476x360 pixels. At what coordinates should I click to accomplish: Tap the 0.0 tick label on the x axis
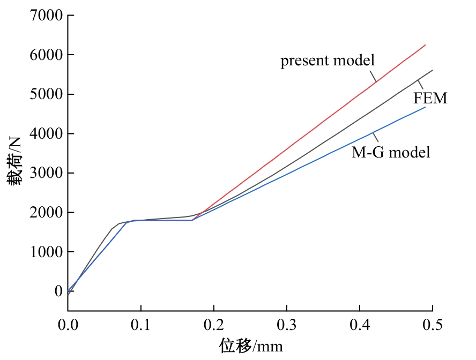tap(68, 325)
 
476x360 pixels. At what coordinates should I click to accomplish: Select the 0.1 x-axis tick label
tap(141, 325)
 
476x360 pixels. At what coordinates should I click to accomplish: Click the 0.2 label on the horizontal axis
tap(214, 325)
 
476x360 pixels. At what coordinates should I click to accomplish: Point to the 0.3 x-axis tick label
tap(287, 325)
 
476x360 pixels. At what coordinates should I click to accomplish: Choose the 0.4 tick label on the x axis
tap(360, 325)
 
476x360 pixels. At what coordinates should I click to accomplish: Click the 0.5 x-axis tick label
tap(432, 325)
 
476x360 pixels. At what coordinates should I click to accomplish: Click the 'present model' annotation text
tap(327, 61)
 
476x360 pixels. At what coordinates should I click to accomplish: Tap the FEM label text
tap(430, 98)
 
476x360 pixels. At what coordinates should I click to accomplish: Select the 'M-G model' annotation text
tap(391, 152)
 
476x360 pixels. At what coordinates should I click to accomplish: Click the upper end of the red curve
tap(425, 45)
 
